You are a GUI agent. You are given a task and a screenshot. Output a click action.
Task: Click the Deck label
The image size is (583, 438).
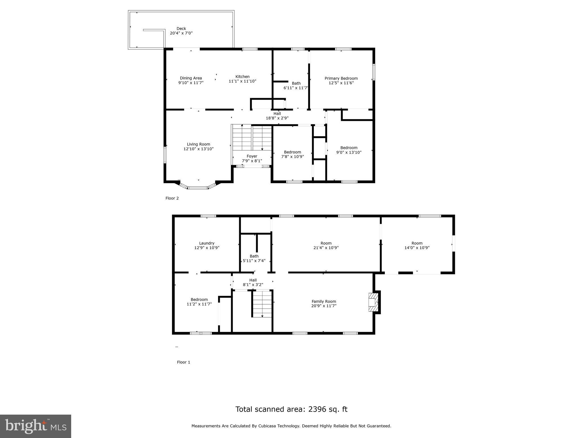click(x=181, y=29)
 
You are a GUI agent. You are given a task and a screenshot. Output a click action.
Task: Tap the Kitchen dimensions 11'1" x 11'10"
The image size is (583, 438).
click(x=242, y=81)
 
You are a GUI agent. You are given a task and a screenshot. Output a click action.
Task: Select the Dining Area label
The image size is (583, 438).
click(x=191, y=78)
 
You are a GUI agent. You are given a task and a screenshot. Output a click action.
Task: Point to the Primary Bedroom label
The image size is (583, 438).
click(x=341, y=78)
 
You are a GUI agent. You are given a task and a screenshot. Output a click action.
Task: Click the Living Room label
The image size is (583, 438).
click(x=198, y=144)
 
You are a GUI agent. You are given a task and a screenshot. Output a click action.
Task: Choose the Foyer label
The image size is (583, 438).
click(x=252, y=156)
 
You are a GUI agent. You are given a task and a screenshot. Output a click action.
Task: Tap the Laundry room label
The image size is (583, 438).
click(x=207, y=243)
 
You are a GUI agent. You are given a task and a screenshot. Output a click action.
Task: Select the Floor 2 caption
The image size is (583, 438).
click(x=172, y=198)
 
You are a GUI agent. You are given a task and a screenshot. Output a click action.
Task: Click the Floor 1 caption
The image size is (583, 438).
click(x=183, y=362)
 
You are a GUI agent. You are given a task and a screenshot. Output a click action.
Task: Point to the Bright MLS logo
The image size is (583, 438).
click(x=36, y=426)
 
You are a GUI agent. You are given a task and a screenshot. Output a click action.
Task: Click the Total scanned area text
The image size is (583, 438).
click(x=291, y=409)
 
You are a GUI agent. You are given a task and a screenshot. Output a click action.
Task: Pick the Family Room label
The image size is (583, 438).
click(x=324, y=301)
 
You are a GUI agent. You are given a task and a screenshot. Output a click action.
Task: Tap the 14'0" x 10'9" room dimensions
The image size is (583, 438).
click(x=417, y=248)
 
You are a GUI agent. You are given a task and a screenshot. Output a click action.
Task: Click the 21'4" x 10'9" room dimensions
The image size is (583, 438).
click(x=326, y=248)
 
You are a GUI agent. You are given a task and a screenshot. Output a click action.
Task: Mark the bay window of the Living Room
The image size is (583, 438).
click(x=198, y=187)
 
